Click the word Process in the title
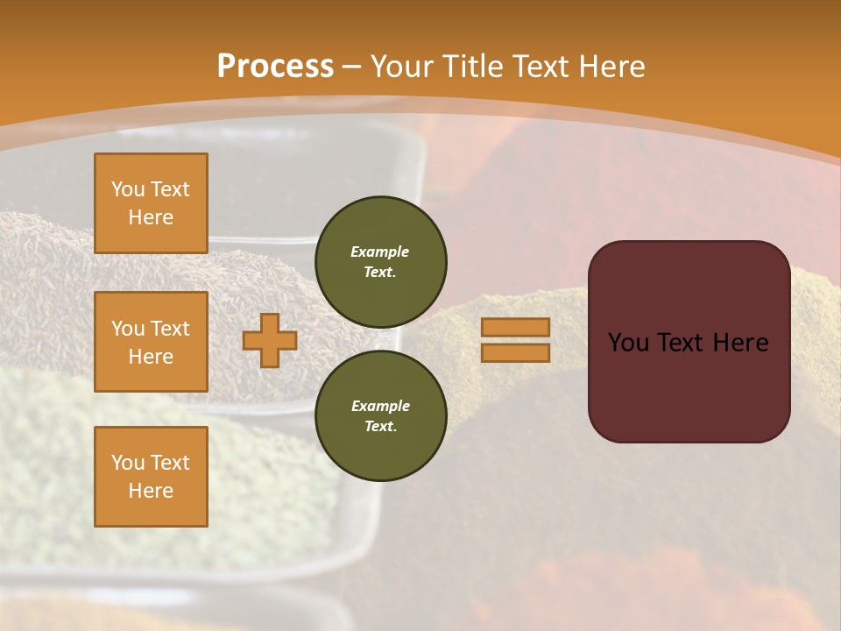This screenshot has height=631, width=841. (275, 67)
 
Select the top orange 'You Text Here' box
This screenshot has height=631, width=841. (151, 203)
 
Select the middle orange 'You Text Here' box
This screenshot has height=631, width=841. (151, 342)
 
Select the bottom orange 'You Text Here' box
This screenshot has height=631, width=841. (151, 477)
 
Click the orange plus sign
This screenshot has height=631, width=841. (270, 340)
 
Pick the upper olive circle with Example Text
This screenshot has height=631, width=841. (381, 262)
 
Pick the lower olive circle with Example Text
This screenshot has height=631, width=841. (381, 416)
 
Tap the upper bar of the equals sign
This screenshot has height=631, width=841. (515, 328)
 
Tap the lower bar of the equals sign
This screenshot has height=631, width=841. (515, 352)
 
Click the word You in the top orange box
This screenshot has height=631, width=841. (128, 189)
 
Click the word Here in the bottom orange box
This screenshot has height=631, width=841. (151, 491)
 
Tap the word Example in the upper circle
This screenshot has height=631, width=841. (380, 252)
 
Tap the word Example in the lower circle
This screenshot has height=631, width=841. (380, 406)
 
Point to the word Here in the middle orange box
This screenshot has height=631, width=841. (151, 357)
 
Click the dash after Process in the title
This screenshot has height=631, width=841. (352, 67)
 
